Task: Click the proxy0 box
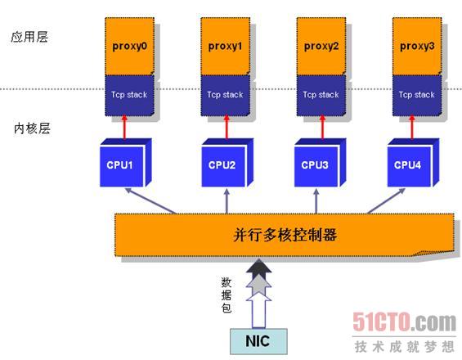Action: click(129, 46)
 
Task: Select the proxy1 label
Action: click(225, 47)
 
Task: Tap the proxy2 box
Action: click(321, 46)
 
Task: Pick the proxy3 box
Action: click(417, 46)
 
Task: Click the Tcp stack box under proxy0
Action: click(129, 95)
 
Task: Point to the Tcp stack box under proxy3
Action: click(417, 95)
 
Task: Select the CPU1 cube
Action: click(126, 163)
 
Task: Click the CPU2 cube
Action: click(227, 163)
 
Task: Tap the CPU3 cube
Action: click(320, 163)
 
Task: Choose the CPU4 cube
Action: click(413, 163)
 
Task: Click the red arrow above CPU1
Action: click(124, 127)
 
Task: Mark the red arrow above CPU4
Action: click(412, 127)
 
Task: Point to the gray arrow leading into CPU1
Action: click(150, 200)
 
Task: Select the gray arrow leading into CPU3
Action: click(316, 201)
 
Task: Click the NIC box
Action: click(258, 341)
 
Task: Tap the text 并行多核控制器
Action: click(285, 235)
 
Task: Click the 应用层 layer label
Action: click(29, 37)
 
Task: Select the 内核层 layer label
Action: click(32, 128)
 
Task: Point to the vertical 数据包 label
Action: click(227, 295)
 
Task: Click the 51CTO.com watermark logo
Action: click(404, 322)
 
